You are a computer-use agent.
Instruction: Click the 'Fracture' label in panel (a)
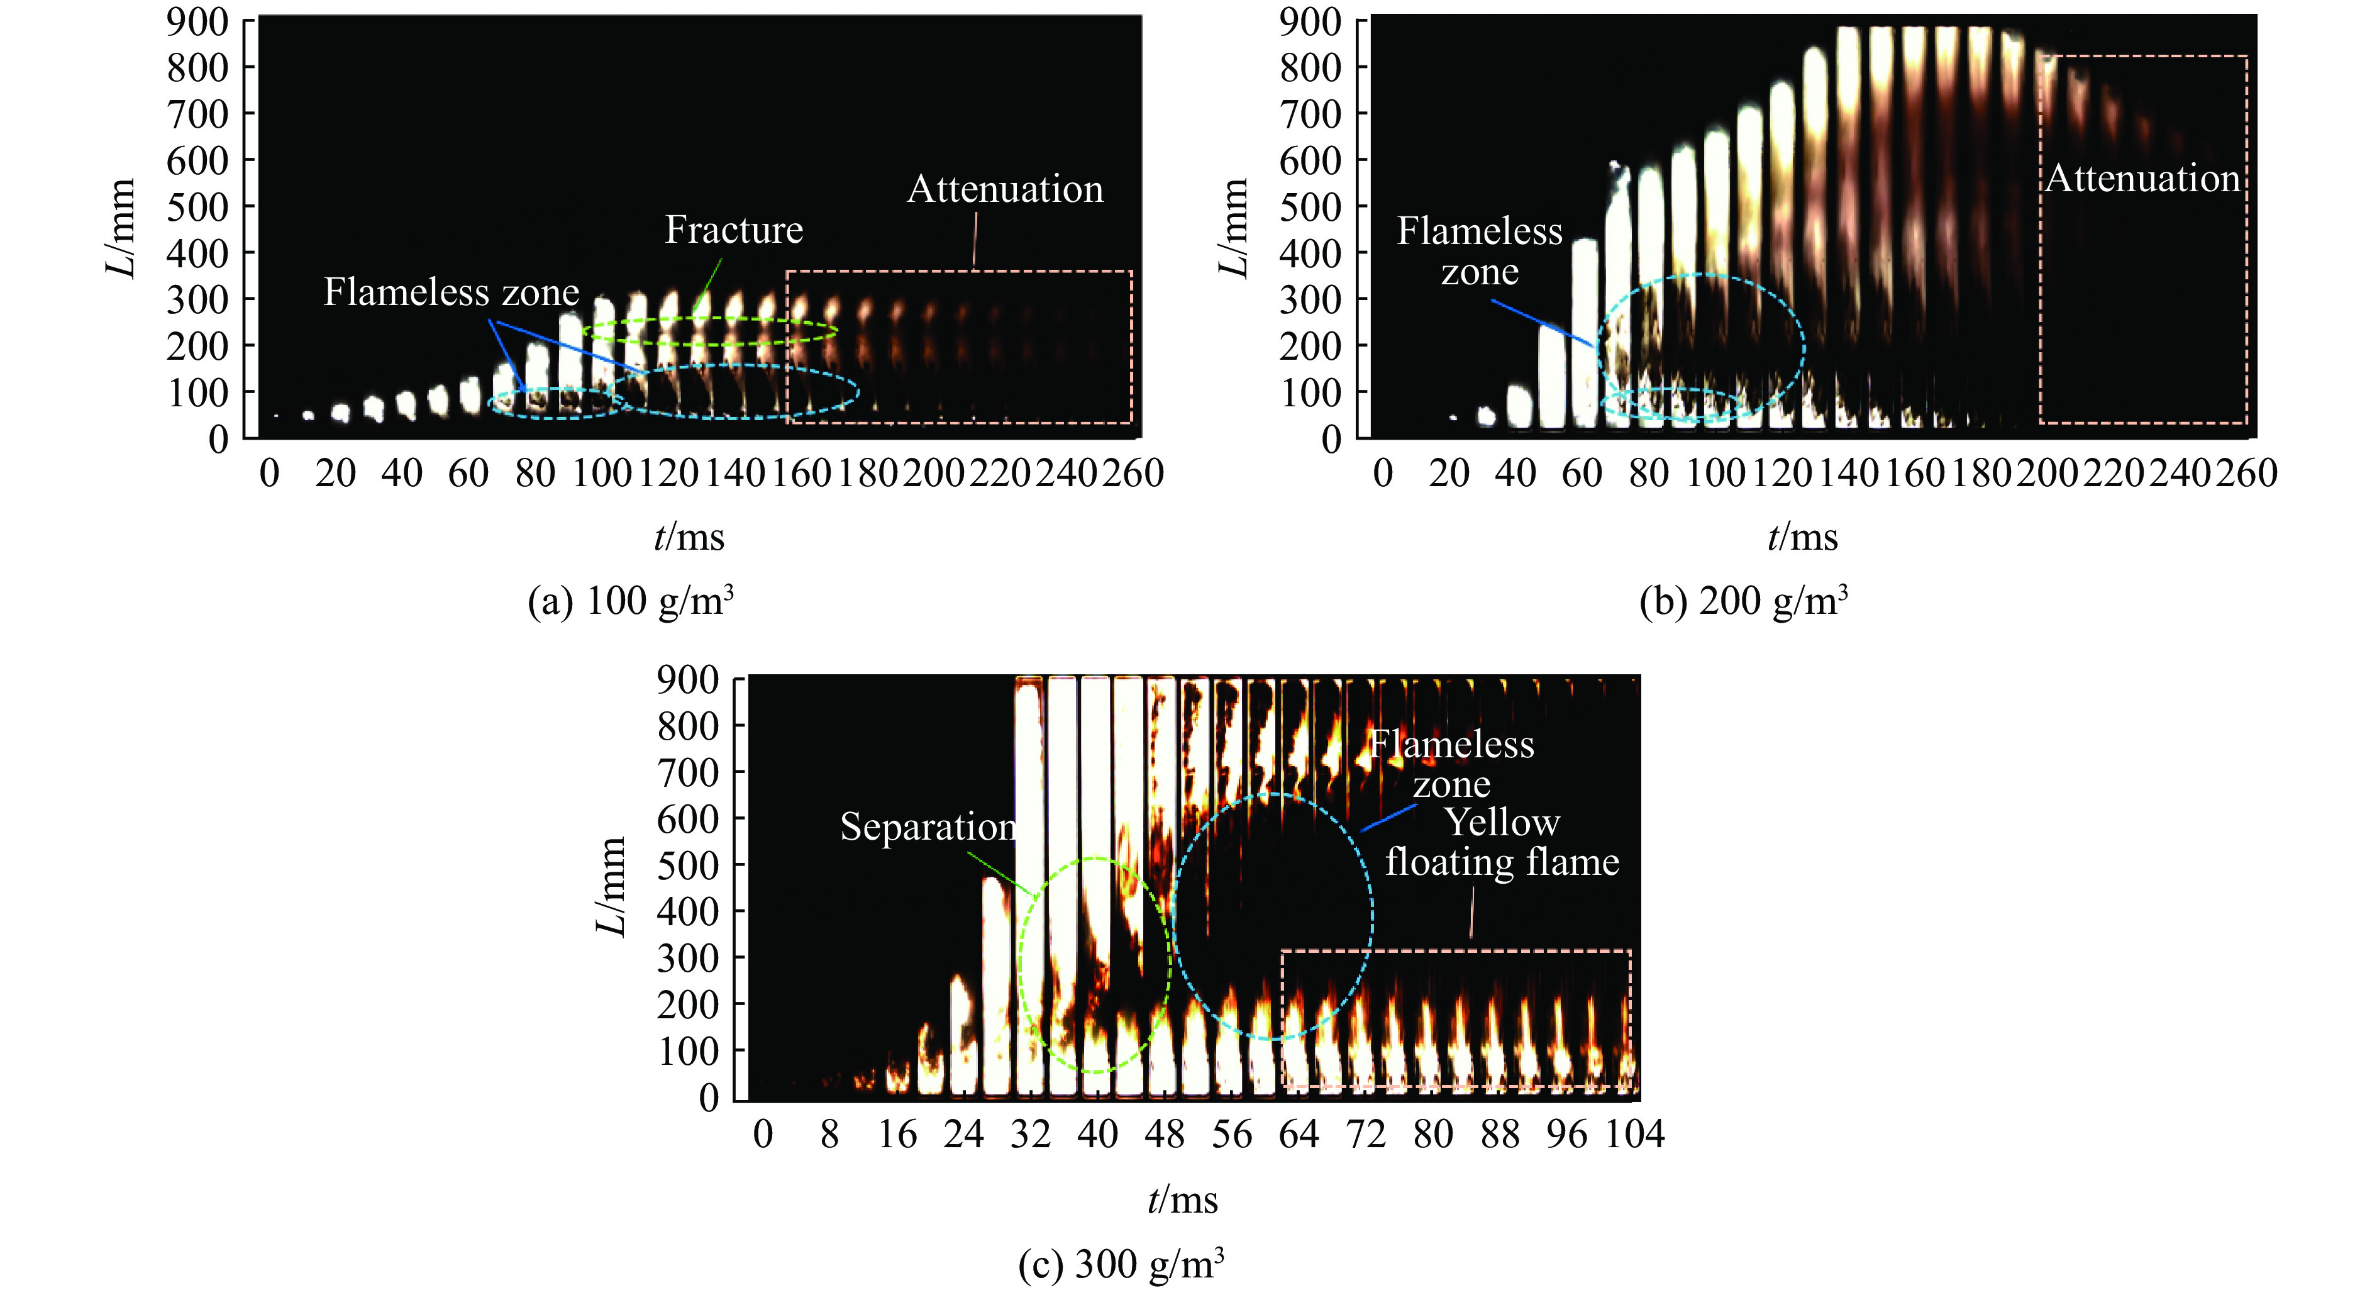734,230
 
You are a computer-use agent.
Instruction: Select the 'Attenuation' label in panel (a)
1005,189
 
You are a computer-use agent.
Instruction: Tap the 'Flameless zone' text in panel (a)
452,292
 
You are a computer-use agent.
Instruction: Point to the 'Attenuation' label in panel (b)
2142,178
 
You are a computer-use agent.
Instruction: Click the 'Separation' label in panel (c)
928,827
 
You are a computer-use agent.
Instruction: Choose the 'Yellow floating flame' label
1502,842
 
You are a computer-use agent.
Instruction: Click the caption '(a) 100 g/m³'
631,601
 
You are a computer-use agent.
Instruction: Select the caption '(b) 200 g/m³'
1744,601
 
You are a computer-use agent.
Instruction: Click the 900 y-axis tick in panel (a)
197,21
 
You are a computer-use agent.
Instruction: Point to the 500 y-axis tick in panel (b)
1310,207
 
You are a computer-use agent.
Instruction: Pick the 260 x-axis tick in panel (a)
1132,474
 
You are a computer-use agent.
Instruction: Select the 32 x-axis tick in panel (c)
1031,1134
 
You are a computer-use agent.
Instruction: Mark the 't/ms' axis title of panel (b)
1802,537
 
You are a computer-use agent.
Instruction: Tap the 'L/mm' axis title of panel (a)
121,228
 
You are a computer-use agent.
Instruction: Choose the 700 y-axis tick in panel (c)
687,772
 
